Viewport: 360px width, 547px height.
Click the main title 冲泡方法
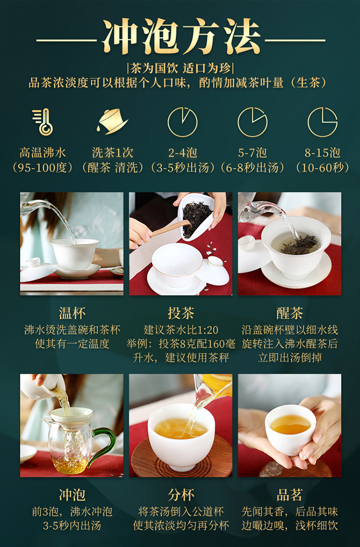tap(181, 36)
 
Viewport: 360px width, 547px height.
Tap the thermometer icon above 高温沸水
tap(43, 122)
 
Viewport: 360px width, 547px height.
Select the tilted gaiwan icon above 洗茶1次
tap(112, 122)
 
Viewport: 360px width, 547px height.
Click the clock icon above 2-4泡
tap(182, 122)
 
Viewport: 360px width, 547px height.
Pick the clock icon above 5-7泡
tap(252, 122)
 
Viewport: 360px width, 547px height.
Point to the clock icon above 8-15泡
tap(323, 122)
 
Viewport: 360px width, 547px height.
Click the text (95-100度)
tap(43, 168)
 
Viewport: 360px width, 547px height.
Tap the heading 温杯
tap(72, 313)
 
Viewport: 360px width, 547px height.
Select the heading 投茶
tap(180, 313)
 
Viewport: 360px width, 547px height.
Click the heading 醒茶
tap(289, 313)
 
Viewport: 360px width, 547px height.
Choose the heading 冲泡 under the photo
tap(72, 495)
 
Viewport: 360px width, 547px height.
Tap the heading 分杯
tap(180, 495)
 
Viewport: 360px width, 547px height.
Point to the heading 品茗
tap(289, 495)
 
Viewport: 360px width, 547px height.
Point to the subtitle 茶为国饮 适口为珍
tap(180, 68)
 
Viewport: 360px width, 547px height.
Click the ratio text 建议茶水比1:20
tap(180, 329)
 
